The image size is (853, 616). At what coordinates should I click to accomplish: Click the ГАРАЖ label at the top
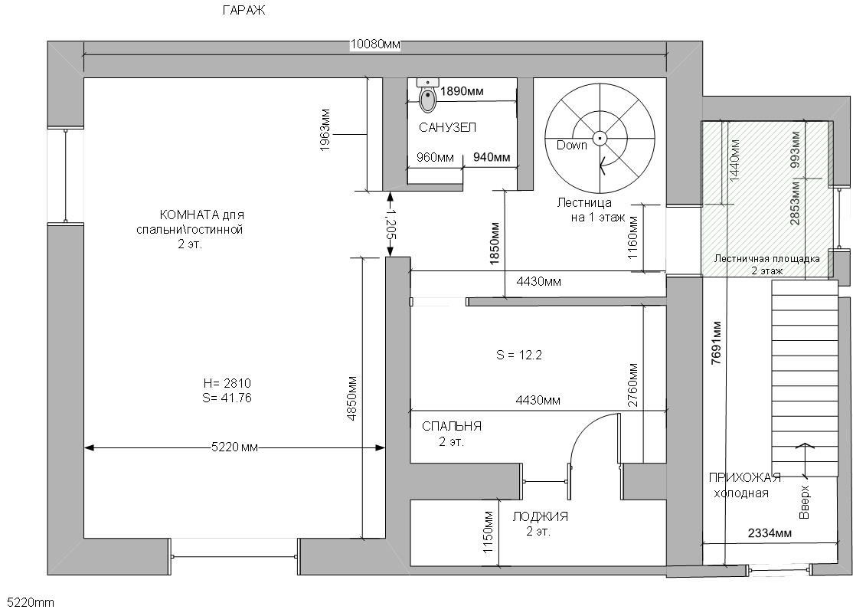point(244,11)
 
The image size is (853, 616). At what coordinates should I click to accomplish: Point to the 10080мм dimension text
point(375,44)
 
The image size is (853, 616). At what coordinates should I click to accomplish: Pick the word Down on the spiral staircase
point(571,145)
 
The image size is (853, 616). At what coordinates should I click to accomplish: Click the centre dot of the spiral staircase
point(600,138)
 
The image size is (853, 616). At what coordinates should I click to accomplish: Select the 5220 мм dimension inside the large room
point(234,448)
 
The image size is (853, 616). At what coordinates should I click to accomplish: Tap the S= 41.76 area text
point(227,398)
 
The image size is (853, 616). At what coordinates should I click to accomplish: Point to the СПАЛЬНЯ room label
point(452,426)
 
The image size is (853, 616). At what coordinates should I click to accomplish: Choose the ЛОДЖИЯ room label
point(540,517)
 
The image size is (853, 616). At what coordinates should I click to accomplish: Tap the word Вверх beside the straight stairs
point(804,502)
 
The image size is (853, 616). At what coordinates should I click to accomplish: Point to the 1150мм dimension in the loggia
point(487,532)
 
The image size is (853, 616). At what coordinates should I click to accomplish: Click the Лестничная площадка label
point(767,258)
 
